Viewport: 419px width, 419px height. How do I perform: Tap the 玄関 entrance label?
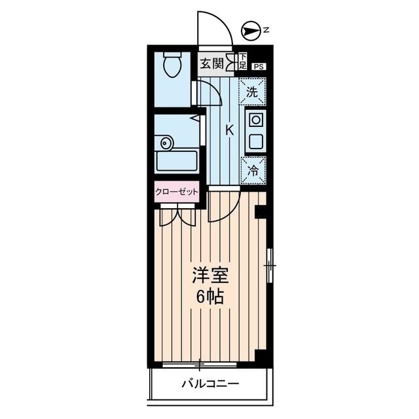211,64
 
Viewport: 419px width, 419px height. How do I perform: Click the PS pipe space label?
259,65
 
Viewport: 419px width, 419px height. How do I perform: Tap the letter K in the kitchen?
229,130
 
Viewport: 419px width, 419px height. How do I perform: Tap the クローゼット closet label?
176,192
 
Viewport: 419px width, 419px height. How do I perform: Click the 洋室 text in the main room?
210,275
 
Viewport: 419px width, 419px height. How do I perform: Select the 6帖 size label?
210,297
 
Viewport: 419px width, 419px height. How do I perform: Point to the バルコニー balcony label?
210,384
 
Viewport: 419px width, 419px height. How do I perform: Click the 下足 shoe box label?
242,63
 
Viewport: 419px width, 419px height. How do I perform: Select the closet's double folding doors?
177,215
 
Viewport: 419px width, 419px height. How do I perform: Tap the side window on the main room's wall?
270,266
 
